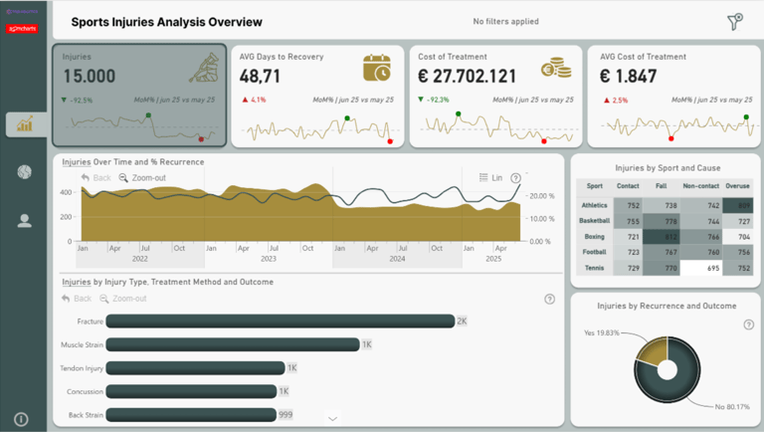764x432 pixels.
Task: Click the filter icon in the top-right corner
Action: pyautogui.click(x=735, y=22)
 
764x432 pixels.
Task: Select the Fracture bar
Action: pyautogui.click(x=280, y=321)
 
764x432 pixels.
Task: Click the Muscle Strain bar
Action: pyautogui.click(x=232, y=343)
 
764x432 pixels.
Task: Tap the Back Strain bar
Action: pyautogui.click(x=190, y=415)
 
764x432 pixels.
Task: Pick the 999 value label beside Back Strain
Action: pyautogui.click(x=286, y=415)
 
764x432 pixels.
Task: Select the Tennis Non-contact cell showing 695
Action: pyautogui.click(x=701, y=269)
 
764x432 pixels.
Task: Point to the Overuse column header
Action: pyautogui.click(x=736, y=185)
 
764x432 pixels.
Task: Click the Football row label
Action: pyautogui.click(x=593, y=253)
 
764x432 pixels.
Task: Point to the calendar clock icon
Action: pyautogui.click(x=377, y=68)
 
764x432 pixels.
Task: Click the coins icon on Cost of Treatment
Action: pyautogui.click(x=555, y=68)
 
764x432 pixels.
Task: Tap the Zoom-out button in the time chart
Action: pyautogui.click(x=142, y=178)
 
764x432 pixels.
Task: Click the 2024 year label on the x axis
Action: pyautogui.click(x=397, y=259)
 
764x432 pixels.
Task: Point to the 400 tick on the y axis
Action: pyautogui.click(x=67, y=192)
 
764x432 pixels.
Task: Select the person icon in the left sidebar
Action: pyautogui.click(x=24, y=221)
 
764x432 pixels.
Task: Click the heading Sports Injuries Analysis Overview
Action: pyautogui.click(x=167, y=22)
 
